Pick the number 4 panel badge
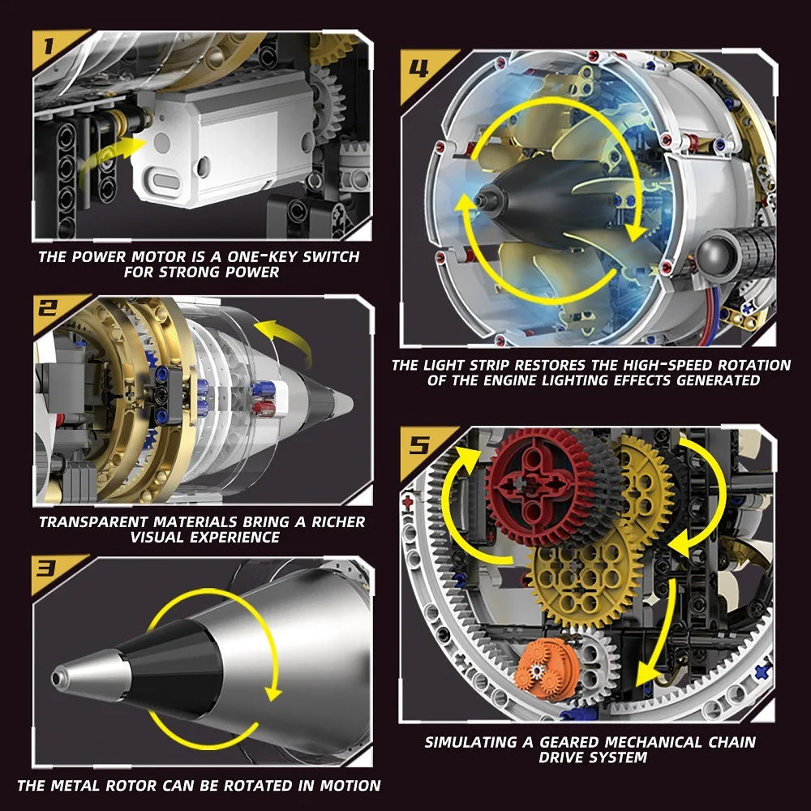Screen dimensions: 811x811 [419, 67]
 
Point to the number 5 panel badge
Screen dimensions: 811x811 [419, 444]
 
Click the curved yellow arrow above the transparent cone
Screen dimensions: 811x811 [284, 341]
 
